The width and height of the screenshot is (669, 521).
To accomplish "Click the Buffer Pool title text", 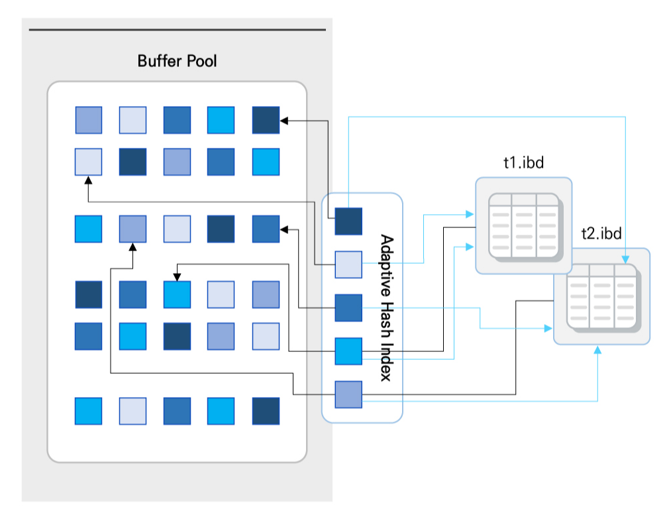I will pyautogui.click(x=177, y=61).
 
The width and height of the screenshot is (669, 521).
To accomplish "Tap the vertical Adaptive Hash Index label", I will pyautogui.click(x=387, y=308).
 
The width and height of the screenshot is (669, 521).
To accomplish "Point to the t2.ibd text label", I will pyautogui.click(x=601, y=233).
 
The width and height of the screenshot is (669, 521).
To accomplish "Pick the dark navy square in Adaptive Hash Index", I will pyautogui.click(x=348, y=221).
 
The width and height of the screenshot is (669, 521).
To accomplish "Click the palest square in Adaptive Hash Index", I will pyautogui.click(x=348, y=264).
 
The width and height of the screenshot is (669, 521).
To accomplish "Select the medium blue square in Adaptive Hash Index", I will pyautogui.click(x=348, y=308).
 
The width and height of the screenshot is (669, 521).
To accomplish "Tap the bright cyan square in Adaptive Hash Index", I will pyautogui.click(x=348, y=351).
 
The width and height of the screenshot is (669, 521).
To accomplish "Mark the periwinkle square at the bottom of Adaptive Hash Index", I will pyautogui.click(x=348, y=394).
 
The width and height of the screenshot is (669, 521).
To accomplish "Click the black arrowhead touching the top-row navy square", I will pyautogui.click(x=284, y=120).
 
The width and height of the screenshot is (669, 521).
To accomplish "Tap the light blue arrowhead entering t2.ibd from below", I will pyautogui.click(x=597, y=349).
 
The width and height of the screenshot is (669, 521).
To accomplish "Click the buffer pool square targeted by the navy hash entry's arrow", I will pyautogui.click(x=266, y=120).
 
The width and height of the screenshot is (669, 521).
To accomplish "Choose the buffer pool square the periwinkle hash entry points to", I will pyautogui.click(x=132, y=229).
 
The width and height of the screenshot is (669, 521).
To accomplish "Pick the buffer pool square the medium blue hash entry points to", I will pyautogui.click(x=266, y=229).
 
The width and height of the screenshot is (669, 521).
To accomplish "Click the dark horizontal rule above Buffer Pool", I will pyautogui.click(x=178, y=30).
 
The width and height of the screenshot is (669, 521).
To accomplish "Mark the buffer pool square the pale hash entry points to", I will pyautogui.click(x=88, y=162).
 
